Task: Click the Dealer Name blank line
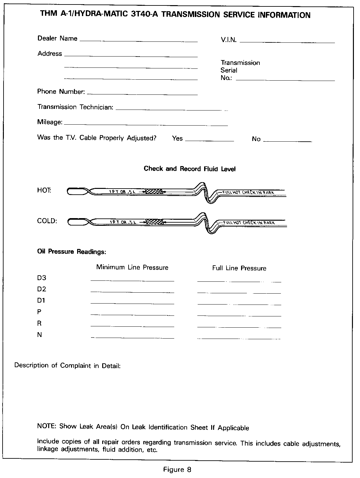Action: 138,41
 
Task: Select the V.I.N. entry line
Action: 287,42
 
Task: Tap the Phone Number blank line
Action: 142,94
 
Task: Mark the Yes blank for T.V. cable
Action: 210,141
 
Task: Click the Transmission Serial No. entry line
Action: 285,80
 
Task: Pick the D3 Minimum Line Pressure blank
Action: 132,280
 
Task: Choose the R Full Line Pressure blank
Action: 239,327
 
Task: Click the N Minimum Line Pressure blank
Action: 132,338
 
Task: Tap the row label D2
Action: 42,289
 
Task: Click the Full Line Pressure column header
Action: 239,268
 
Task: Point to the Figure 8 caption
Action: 177,470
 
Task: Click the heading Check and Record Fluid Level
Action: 190,169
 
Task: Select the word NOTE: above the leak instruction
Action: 47,426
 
